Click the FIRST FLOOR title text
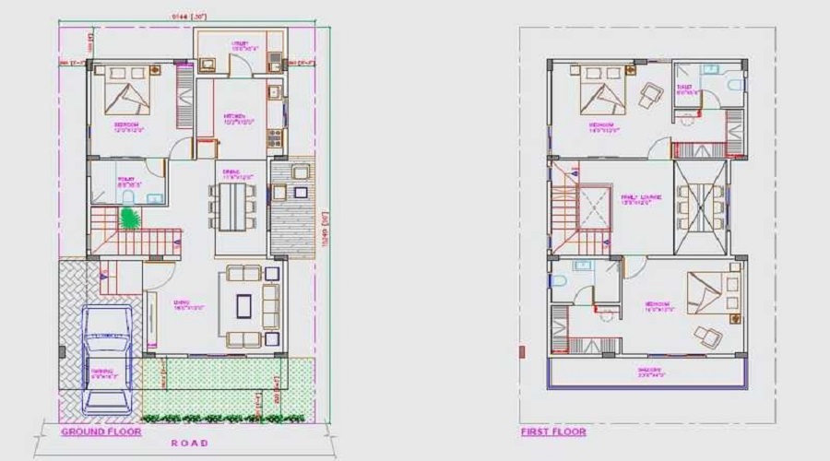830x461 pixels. point(554,431)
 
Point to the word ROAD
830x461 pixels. point(189,443)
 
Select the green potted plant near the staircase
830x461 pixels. point(129,219)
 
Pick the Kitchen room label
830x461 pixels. point(234,117)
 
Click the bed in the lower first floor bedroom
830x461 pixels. point(705,290)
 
